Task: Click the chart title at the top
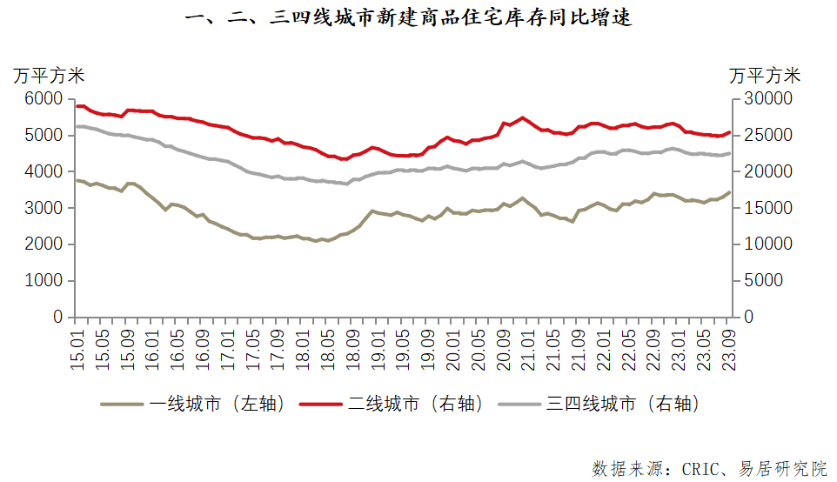point(409,18)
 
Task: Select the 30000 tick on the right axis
point(765,99)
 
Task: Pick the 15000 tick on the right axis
point(765,208)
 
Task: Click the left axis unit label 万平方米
point(49,76)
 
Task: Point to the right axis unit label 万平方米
point(765,76)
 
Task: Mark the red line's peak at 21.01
point(522,117)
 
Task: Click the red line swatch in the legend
point(322,404)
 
